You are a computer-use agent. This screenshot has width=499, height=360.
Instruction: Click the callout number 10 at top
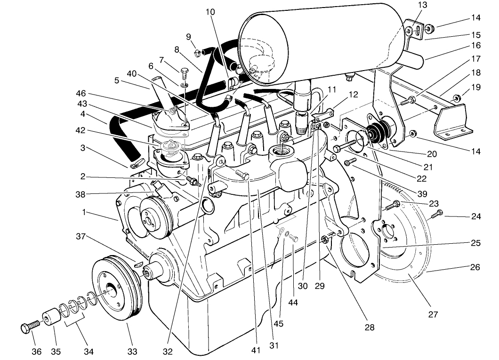pos(210,11)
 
